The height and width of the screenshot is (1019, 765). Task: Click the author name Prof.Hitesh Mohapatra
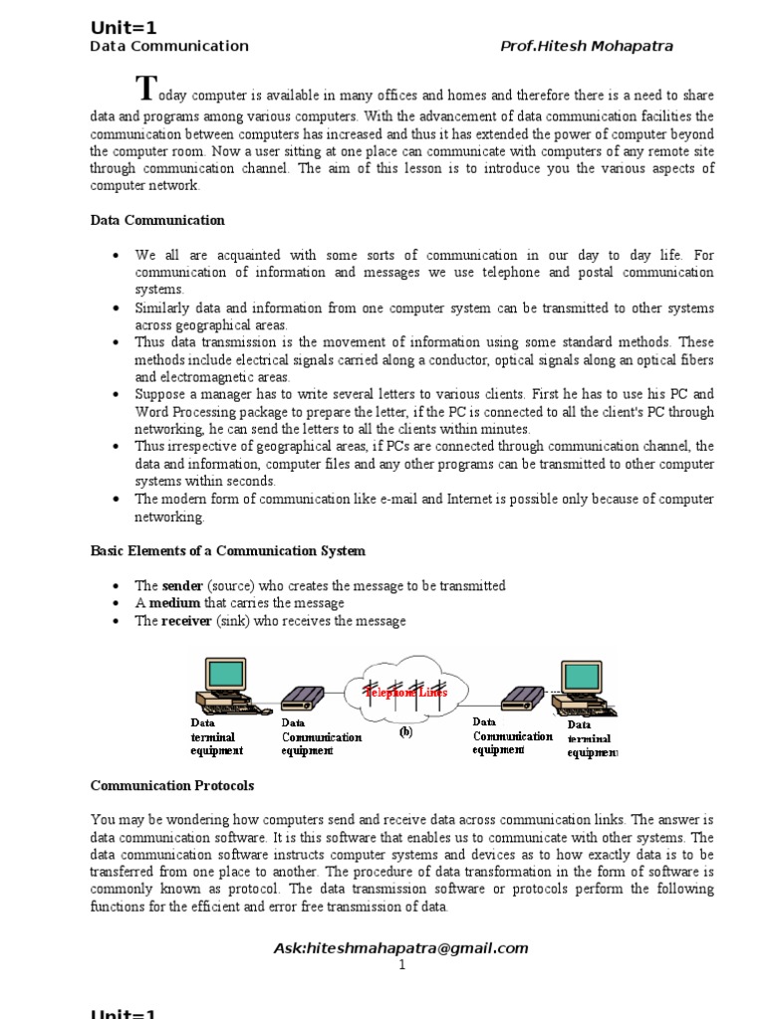tap(587, 46)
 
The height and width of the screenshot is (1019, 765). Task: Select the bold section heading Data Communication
tap(157, 220)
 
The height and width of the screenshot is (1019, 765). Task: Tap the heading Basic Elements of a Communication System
tap(228, 550)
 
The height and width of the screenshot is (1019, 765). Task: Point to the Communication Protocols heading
tap(172, 785)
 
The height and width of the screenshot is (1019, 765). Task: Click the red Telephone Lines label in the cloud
tap(405, 691)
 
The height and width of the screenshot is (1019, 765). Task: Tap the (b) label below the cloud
tap(405, 731)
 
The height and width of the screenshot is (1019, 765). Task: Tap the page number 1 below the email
tap(401, 965)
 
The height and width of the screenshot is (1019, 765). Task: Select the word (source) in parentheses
tap(235, 586)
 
